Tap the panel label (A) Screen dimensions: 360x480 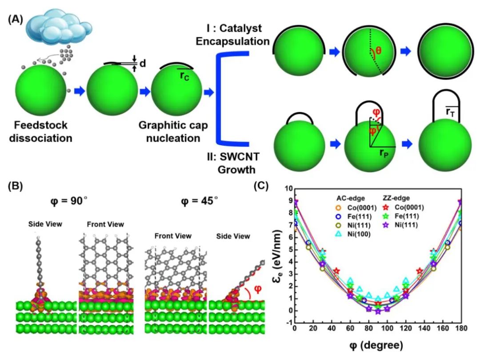point(16,21)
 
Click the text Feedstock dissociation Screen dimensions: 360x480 point(43,132)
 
